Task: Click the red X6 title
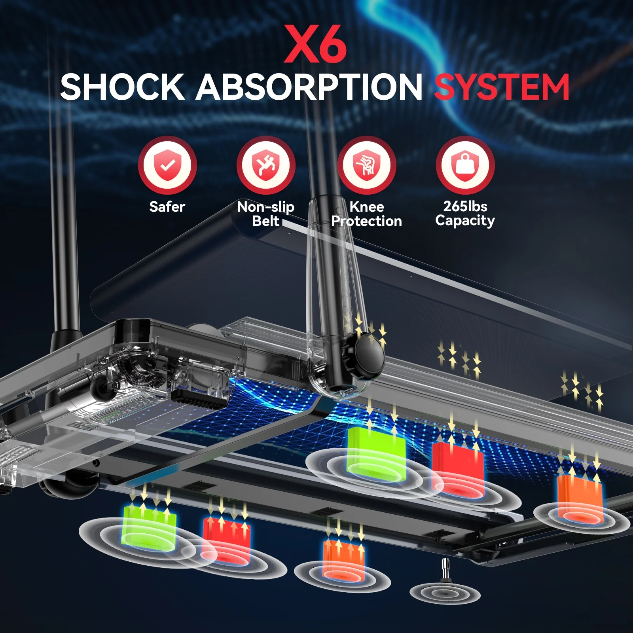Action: point(316,44)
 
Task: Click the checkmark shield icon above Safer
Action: point(167,165)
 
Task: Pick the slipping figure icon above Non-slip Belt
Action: point(266,165)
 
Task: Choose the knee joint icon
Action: point(366,165)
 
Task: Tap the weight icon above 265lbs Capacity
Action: point(465,165)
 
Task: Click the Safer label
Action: point(167,207)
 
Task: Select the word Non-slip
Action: point(266,207)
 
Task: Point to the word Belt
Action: point(266,221)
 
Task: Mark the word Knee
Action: point(367,207)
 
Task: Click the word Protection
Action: point(367,221)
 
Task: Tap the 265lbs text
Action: point(465,206)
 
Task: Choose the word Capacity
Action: point(465,220)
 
